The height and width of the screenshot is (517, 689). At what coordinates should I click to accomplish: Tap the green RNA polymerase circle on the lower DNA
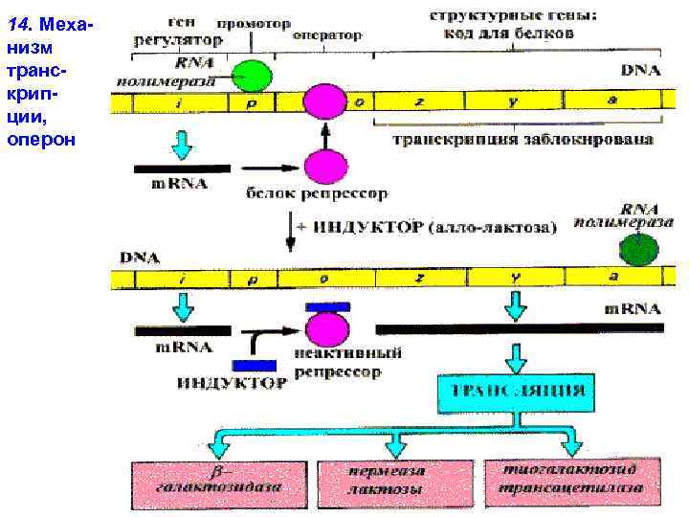[x=635, y=249]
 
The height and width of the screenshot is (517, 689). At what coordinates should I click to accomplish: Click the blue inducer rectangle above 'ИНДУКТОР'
[x=254, y=366]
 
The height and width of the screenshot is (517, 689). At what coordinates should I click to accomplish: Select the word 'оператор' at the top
[x=327, y=35]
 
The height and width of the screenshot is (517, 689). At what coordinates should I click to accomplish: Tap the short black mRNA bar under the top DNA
[x=183, y=169]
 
